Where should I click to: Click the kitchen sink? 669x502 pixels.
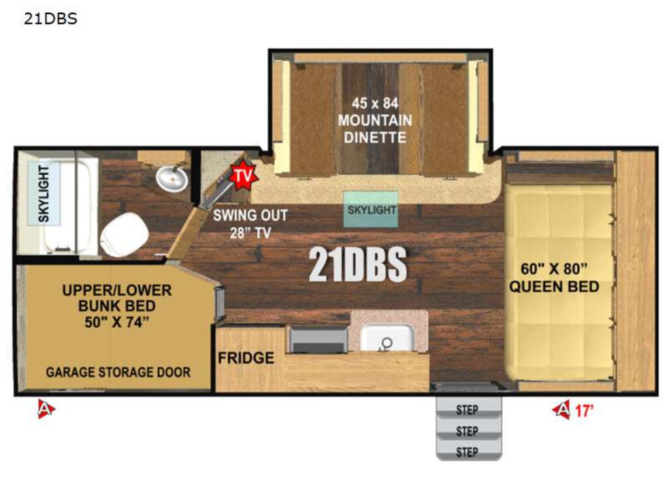pyautogui.click(x=387, y=338)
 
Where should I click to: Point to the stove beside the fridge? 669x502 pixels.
pyautogui.click(x=319, y=339)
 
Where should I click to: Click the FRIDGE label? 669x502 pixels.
pyautogui.click(x=246, y=358)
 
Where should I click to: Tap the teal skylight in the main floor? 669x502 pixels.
pyautogui.click(x=371, y=209)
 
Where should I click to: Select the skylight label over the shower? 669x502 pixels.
pyautogui.click(x=44, y=193)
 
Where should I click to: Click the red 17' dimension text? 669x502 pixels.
pyautogui.click(x=584, y=410)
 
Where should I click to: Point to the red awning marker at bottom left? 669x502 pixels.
pyautogui.click(x=46, y=409)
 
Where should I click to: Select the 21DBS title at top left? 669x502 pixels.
pyautogui.click(x=50, y=19)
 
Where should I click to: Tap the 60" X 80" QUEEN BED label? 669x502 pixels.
pyautogui.click(x=554, y=278)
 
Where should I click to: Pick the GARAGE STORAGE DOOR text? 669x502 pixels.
pyautogui.click(x=118, y=372)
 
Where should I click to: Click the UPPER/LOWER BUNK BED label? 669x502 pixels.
pyautogui.click(x=117, y=306)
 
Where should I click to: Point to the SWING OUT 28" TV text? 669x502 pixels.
pyautogui.click(x=250, y=224)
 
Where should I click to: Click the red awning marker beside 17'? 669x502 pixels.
pyautogui.click(x=561, y=410)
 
